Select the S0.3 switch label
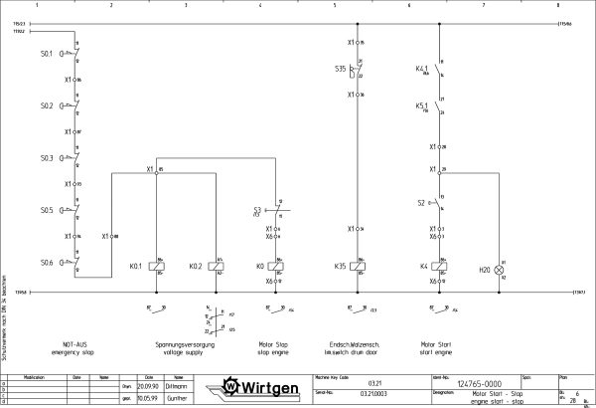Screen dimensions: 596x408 click(46, 157)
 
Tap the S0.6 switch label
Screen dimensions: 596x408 click(46, 263)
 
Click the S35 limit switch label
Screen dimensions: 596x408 click(341, 69)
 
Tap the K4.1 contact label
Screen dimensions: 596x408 click(421, 69)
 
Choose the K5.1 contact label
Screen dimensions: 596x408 click(421, 105)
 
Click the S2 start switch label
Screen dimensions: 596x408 click(421, 203)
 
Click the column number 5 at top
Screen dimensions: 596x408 click(335, 5)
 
